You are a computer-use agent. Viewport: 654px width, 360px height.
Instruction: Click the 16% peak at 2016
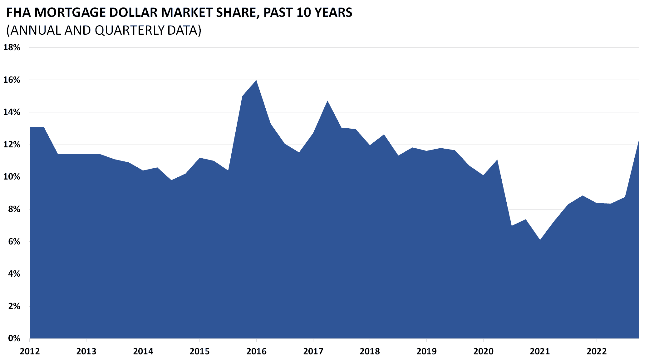[256, 81]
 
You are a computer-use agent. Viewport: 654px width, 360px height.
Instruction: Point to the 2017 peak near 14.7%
[327, 101]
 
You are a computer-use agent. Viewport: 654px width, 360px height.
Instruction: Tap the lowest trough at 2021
[540, 240]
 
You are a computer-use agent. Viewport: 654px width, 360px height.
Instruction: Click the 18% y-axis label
[12, 47]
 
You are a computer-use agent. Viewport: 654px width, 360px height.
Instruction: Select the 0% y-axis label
[14, 338]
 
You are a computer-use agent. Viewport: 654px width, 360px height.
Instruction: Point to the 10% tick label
[12, 177]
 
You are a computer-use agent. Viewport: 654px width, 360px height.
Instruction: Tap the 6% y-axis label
[14, 241]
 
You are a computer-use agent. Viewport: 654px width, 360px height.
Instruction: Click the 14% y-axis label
[12, 112]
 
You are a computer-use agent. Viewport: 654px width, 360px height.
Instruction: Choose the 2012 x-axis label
[30, 352]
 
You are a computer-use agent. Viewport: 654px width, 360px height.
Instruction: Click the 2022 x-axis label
[597, 352]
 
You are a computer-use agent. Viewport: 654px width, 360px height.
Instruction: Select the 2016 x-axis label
[256, 352]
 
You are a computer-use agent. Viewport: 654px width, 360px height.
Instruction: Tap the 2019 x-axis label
[426, 352]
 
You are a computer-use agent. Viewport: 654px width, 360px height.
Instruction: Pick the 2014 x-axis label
[143, 352]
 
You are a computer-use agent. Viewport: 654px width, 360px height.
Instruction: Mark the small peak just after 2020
[497, 160]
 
